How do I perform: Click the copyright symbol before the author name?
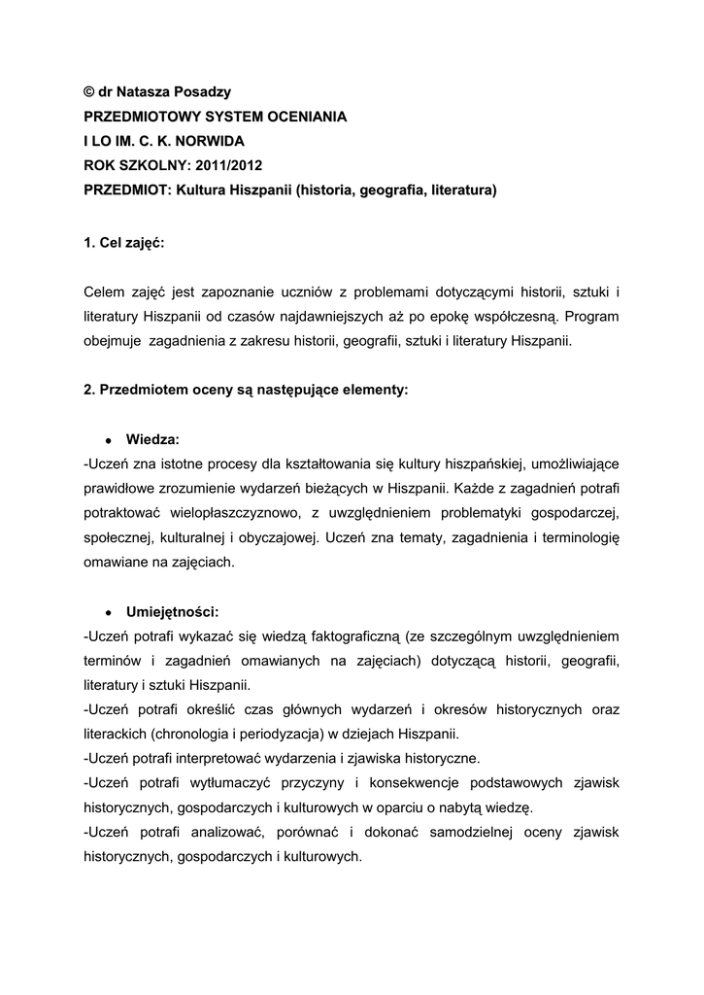[89, 92]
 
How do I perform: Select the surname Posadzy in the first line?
[202, 92]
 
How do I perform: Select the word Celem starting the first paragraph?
[106, 292]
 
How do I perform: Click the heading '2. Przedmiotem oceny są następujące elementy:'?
[247, 391]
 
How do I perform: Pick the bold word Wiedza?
[152, 440]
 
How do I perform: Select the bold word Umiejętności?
[173, 612]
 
